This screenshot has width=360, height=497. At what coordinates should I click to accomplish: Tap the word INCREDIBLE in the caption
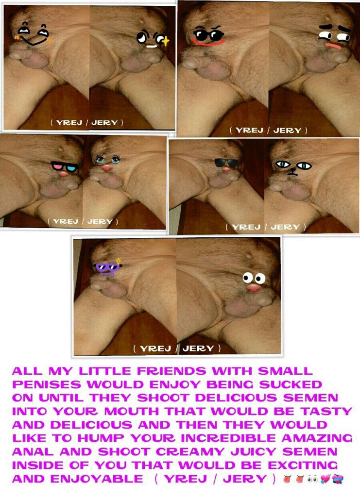pyautogui.click(x=229, y=438)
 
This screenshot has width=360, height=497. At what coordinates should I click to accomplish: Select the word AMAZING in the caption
pyautogui.click(x=317, y=438)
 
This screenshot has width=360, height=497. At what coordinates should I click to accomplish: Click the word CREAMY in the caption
pyautogui.click(x=190, y=452)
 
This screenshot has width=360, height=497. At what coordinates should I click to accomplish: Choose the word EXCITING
pyautogui.click(x=303, y=465)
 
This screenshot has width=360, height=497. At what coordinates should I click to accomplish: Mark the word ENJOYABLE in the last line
pyautogui.click(x=96, y=479)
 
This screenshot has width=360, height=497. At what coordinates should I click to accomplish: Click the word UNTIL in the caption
pyautogui.click(x=61, y=398)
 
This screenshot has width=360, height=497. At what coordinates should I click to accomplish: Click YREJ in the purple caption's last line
pyautogui.click(x=185, y=479)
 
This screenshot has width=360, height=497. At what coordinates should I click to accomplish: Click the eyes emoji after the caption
pyautogui.click(x=312, y=479)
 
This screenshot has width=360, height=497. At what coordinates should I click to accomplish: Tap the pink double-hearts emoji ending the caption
pyautogui.click(x=325, y=479)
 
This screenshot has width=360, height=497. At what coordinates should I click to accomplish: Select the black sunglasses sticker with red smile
pyautogui.click(x=208, y=35)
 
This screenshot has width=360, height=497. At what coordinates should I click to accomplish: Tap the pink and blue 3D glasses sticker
pyautogui.click(x=65, y=166)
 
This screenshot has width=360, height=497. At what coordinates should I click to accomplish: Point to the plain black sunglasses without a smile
pyautogui.click(x=226, y=163)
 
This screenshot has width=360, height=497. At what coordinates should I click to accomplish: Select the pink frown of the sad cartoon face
pyautogui.click(x=333, y=46)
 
